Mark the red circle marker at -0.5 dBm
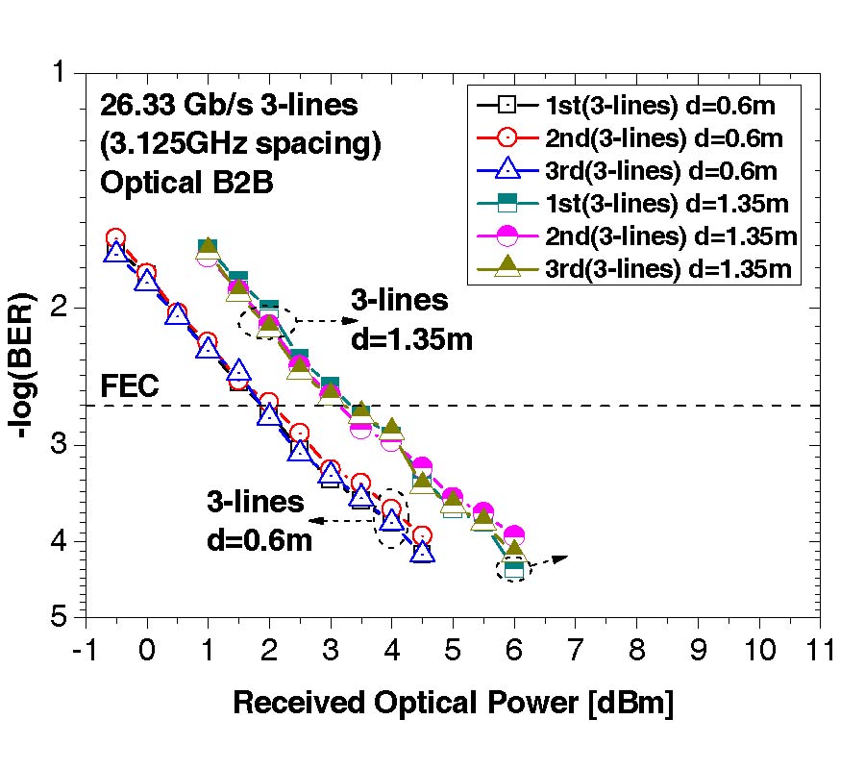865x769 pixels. tap(115, 238)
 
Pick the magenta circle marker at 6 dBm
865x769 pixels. tap(514, 535)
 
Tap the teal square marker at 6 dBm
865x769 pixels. tap(514, 569)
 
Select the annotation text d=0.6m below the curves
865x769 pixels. tap(259, 540)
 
